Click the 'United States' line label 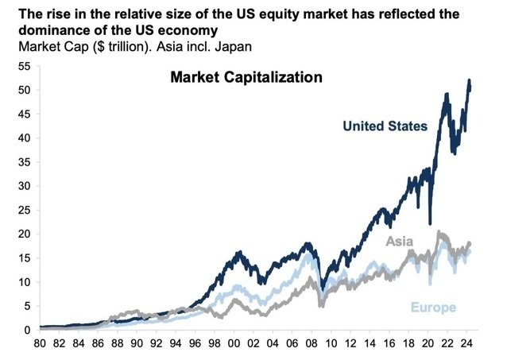pyautogui.click(x=385, y=126)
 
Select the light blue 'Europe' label pyautogui.click(x=434, y=308)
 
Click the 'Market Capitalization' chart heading pyautogui.click(x=246, y=78)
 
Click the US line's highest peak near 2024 pyautogui.click(x=470, y=80)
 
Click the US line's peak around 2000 pyautogui.click(x=238, y=253)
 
